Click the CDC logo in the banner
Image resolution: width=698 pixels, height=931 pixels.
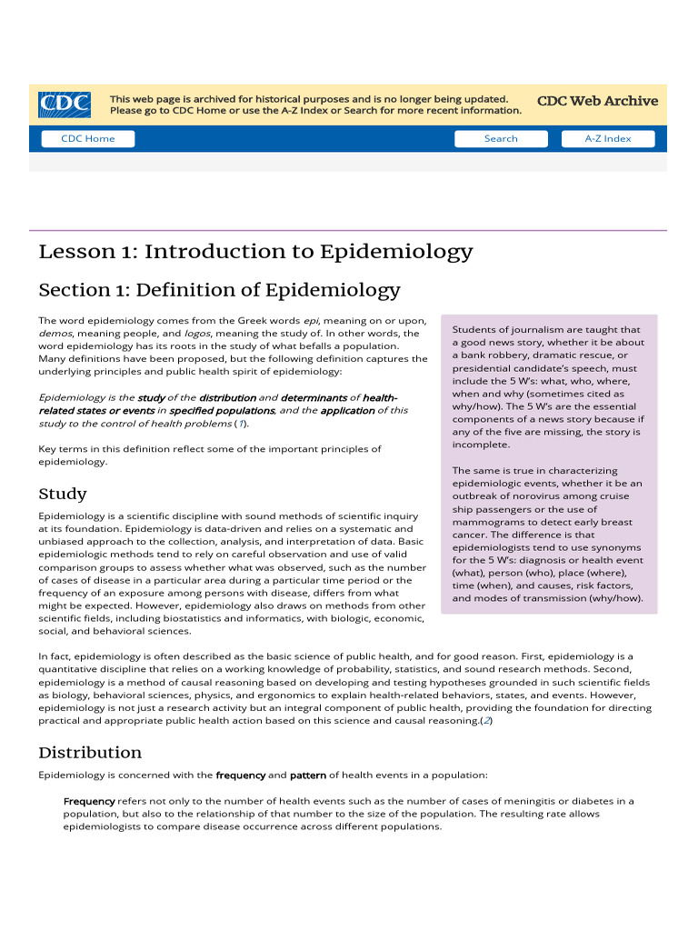(x=64, y=105)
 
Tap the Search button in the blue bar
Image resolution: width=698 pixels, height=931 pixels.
(x=501, y=139)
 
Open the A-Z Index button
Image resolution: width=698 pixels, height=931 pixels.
(x=607, y=139)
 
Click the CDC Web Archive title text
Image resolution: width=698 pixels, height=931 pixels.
(x=597, y=101)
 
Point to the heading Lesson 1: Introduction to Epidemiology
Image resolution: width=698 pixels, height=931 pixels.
(x=255, y=252)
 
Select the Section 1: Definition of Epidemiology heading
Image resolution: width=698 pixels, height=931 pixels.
(x=219, y=290)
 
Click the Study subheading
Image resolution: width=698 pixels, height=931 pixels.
(x=63, y=494)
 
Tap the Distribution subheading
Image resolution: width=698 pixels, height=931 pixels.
(x=90, y=752)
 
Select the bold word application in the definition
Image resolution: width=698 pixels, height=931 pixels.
(x=346, y=410)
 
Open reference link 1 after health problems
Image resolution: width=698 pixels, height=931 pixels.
(x=241, y=423)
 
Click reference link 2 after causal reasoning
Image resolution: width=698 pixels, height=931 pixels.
(x=486, y=720)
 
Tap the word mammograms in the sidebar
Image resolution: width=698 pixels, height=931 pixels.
(x=486, y=522)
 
